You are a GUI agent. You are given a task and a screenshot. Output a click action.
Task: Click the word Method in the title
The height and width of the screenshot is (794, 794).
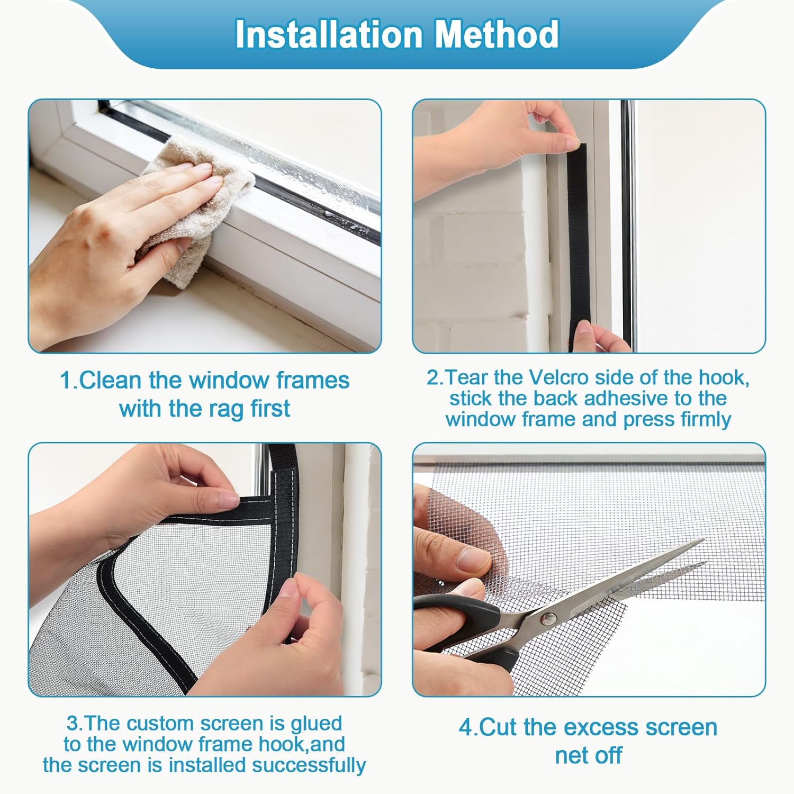(x=497, y=34)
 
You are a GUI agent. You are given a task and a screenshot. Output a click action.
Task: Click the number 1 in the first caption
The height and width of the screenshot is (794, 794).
(x=66, y=381)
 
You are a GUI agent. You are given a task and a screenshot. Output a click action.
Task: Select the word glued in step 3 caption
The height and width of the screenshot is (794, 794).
(x=317, y=724)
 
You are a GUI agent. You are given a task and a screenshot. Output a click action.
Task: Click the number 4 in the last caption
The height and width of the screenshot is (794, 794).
(x=465, y=727)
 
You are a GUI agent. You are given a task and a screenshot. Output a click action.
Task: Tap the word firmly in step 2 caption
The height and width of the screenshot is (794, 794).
(x=706, y=420)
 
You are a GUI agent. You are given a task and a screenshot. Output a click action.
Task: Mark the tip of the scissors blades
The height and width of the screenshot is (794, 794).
(x=704, y=541)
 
